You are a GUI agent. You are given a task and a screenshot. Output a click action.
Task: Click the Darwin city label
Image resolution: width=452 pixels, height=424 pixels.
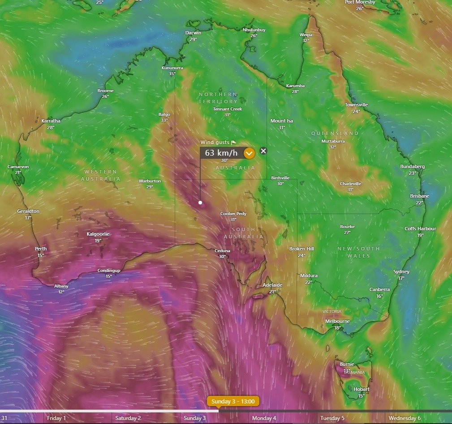point(194,33)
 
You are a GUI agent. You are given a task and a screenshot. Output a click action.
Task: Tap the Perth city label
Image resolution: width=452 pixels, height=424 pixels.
point(41,249)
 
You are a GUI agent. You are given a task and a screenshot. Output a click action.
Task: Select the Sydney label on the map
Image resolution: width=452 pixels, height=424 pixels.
point(401,272)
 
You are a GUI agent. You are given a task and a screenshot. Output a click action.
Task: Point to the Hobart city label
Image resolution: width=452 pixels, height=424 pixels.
point(362,389)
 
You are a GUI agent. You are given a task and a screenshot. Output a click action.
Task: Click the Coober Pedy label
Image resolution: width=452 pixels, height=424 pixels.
point(233,214)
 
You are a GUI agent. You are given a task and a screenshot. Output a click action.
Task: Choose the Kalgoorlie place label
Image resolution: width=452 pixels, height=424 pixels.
point(98,234)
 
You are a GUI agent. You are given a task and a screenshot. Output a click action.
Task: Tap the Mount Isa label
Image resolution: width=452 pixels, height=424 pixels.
point(281,121)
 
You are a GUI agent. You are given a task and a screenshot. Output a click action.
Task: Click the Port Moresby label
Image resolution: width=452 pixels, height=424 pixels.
point(360,2)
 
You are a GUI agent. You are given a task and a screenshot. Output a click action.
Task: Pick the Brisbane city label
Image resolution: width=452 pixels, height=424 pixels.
point(420,196)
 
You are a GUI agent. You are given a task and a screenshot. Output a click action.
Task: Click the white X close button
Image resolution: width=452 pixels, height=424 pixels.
point(263,151)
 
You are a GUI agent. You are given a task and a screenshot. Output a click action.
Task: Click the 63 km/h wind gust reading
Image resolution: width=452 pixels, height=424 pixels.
point(221,153)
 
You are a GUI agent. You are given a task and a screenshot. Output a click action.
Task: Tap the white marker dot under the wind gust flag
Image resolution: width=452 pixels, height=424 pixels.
point(200,203)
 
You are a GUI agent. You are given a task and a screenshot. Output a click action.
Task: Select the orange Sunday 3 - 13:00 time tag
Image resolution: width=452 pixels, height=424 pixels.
point(233,401)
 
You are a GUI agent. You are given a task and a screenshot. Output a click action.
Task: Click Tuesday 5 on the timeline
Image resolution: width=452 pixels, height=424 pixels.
point(332,418)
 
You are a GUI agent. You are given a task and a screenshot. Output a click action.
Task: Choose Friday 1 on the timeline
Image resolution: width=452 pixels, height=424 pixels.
point(56,418)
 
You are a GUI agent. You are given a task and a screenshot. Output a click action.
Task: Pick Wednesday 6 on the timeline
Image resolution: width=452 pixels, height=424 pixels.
point(405,418)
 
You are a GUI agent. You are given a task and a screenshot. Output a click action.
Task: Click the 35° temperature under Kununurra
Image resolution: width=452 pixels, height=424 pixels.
point(172,74)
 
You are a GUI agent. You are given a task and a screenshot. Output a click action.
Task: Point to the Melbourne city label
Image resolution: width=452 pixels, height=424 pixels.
point(337,321)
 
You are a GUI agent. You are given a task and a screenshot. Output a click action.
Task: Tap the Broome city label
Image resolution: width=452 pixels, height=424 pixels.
point(105,91)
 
